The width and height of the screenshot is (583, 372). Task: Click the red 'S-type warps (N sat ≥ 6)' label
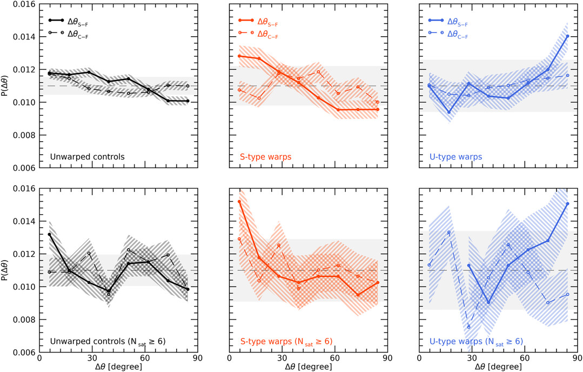click(286, 341)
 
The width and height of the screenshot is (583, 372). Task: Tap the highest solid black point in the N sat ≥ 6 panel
click(50, 234)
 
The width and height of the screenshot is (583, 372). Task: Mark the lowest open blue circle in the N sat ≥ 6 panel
click(469, 327)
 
